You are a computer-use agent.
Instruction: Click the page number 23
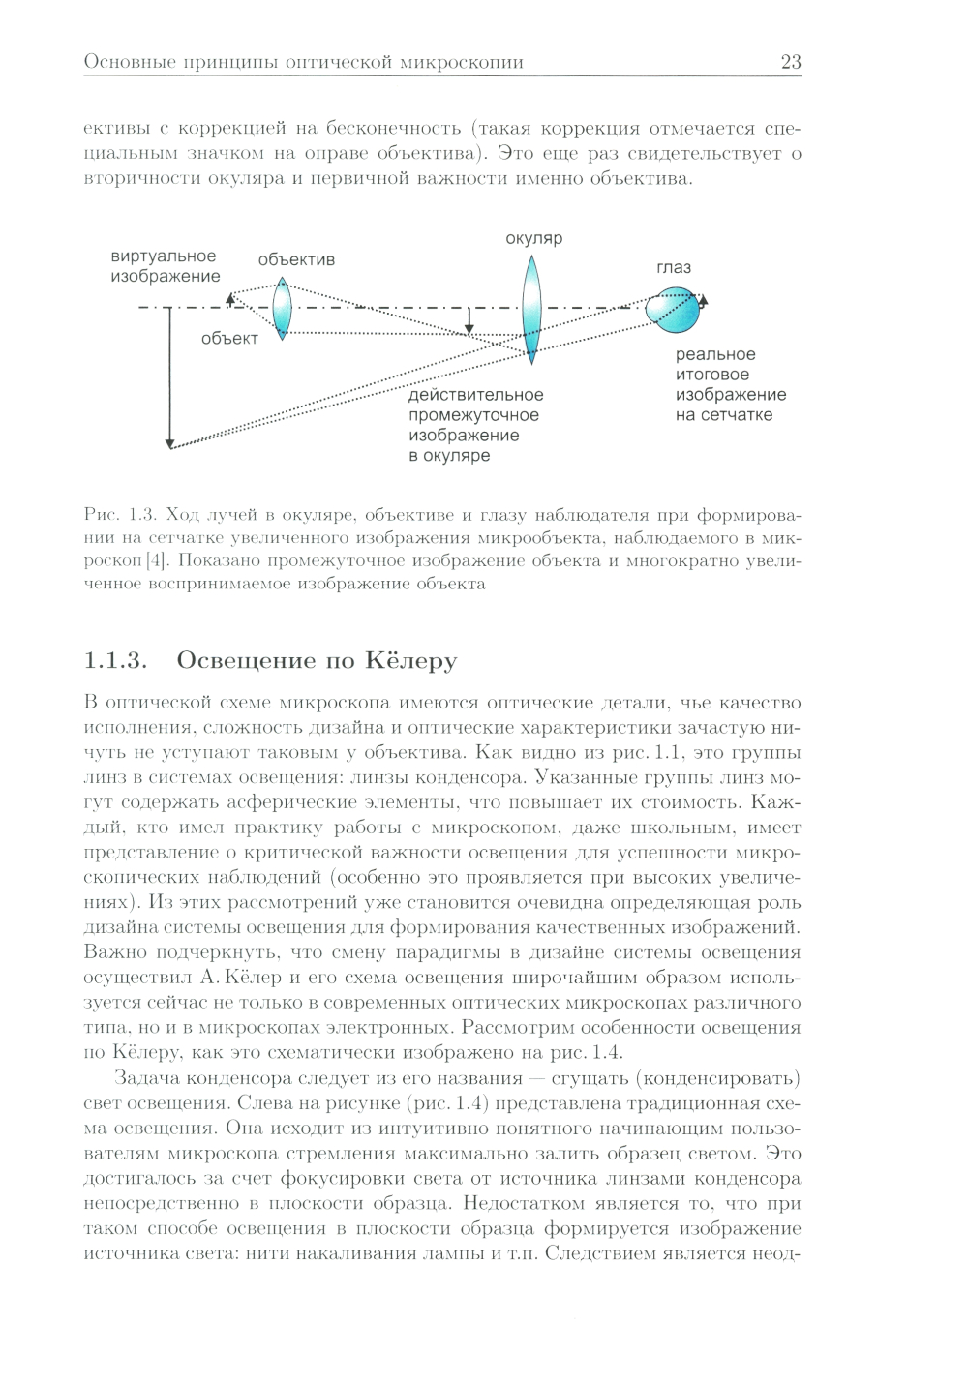pyautogui.click(x=790, y=63)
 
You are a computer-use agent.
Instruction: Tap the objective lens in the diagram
pyautogui.click(x=282, y=308)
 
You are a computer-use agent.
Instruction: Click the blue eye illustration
pyautogui.click(x=676, y=308)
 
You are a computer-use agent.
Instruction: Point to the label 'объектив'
pyautogui.click(x=296, y=259)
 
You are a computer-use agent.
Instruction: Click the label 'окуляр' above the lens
pyautogui.click(x=533, y=239)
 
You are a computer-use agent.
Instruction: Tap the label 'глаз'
pyautogui.click(x=674, y=267)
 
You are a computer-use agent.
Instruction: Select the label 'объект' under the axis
pyautogui.click(x=229, y=338)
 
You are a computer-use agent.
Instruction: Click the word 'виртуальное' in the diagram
pyautogui.click(x=163, y=256)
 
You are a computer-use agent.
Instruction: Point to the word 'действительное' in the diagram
pyautogui.click(x=475, y=395)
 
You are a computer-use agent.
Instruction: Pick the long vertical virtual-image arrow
pyautogui.click(x=169, y=377)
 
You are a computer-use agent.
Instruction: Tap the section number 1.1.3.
pyautogui.click(x=114, y=662)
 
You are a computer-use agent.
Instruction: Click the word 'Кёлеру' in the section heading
pyautogui.click(x=410, y=662)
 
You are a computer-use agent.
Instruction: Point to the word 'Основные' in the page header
pyautogui.click(x=120, y=63)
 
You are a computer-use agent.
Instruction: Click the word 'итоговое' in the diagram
pyautogui.click(x=712, y=375)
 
